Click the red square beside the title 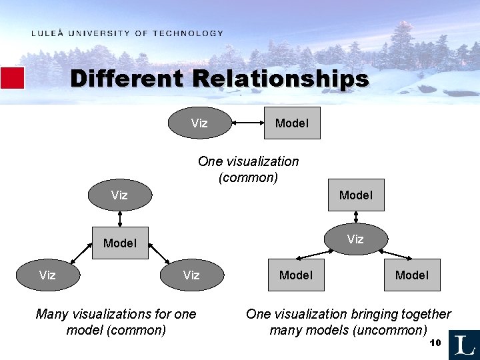[x=12, y=78]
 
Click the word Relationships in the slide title [x=281, y=79]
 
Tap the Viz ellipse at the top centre [x=199, y=123]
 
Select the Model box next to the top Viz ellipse [x=292, y=123]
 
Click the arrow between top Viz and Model [x=248, y=123]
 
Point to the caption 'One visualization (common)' [x=248, y=169]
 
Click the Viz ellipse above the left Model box [x=120, y=195]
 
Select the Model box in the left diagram [x=120, y=243]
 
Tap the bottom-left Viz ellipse [x=47, y=275]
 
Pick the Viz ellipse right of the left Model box [x=191, y=275]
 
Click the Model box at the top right [x=356, y=195]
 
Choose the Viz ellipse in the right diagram [x=355, y=239]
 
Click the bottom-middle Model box [x=296, y=275]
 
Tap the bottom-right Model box [x=412, y=275]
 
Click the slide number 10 [x=436, y=343]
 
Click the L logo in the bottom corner [x=464, y=345]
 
